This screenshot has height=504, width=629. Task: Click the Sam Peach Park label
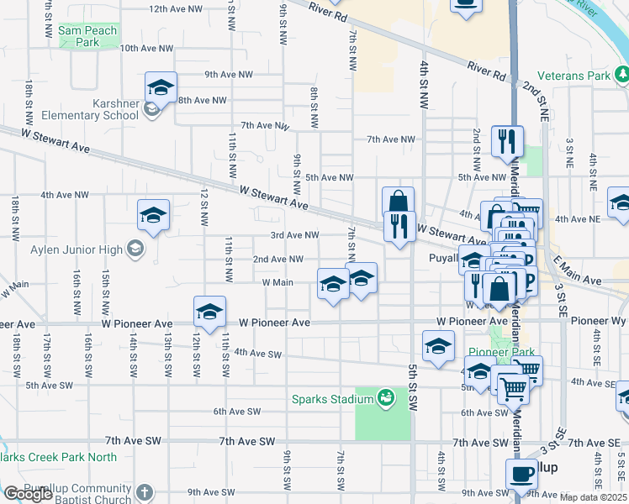(87, 35)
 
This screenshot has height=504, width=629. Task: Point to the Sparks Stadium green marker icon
(386, 396)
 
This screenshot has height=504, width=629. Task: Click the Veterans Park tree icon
(621, 76)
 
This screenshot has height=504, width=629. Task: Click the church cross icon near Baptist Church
(144, 491)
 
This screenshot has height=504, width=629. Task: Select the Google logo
(28, 494)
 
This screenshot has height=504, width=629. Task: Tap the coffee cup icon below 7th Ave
(521, 475)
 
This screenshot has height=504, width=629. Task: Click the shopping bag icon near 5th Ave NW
(399, 202)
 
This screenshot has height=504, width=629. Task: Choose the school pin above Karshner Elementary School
(160, 87)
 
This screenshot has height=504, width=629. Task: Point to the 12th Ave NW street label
(176, 8)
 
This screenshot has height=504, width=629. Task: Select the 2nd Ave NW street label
(278, 260)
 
